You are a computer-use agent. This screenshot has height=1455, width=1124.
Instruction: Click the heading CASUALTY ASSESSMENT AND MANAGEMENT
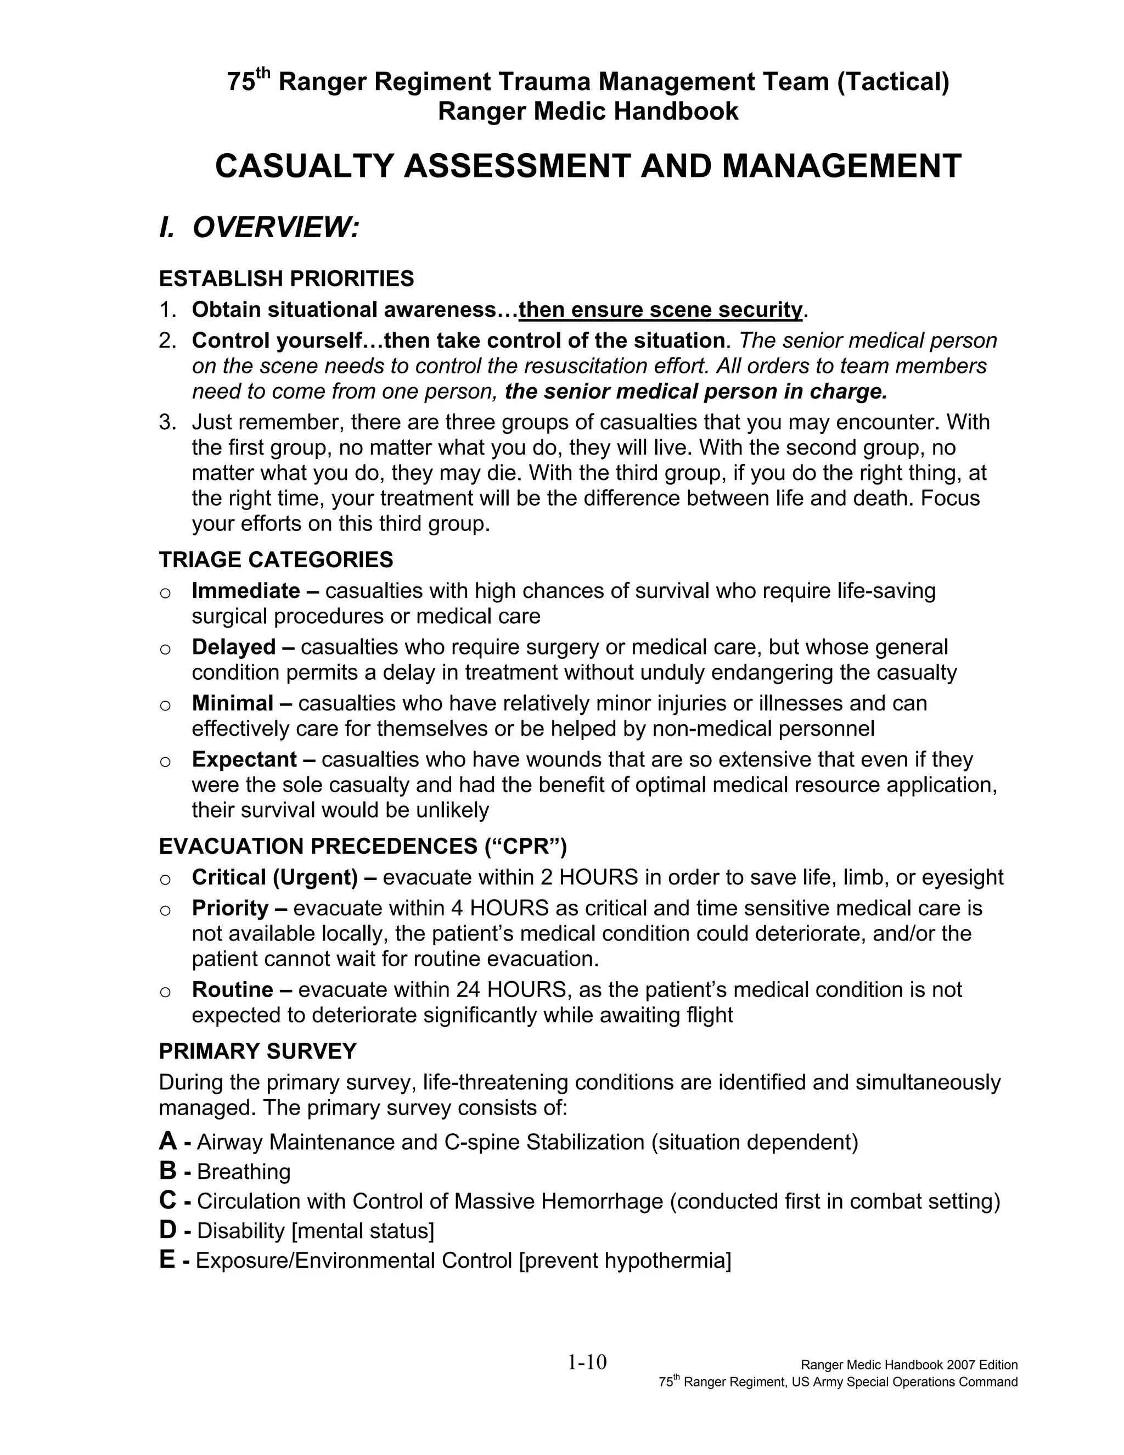[x=588, y=166]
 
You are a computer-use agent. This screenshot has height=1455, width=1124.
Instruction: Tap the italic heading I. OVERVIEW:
[x=260, y=227]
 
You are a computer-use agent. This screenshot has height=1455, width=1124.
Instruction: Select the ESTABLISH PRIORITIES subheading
[x=286, y=278]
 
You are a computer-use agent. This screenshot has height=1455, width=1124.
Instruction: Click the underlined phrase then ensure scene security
[x=661, y=310]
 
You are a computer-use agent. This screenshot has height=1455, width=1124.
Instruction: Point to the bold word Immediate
[x=246, y=591]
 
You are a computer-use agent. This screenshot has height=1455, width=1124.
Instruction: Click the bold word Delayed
[x=234, y=647]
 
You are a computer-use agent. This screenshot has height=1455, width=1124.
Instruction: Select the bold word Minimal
[x=232, y=703]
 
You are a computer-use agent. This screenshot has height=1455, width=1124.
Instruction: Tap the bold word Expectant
[x=244, y=759]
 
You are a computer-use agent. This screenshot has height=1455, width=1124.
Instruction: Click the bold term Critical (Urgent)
[x=275, y=877]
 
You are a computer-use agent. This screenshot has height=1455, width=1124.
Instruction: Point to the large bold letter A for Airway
[x=168, y=1141]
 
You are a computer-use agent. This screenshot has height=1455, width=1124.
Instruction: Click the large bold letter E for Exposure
[x=167, y=1260]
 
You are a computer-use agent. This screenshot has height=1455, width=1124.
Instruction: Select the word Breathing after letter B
[x=244, y=1172]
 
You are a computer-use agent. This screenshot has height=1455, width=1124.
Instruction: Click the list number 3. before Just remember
[x=167, y=422]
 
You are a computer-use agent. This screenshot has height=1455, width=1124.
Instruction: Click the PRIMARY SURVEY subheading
[x=258, y=1051]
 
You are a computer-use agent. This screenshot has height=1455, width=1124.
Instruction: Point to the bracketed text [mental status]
[x=363, y=1230]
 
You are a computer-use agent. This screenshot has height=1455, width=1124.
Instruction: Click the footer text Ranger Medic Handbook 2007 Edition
[x=909, y=1365]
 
